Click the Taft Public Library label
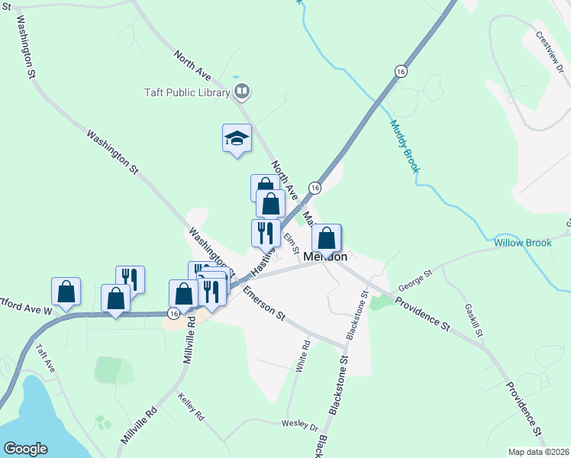coord(187,93)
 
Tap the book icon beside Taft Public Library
coord(242,92)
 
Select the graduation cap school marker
coord(237,139)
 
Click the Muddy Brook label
coord(405,146)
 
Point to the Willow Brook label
coord(522,243)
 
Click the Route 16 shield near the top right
coord(401,70)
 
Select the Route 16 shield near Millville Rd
coord(174,313)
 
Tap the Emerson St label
coord(264,303)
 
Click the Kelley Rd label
coord(191,408)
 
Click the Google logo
coord(25,449)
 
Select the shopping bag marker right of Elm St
coord(326,239)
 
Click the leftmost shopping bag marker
coord(66,292)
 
